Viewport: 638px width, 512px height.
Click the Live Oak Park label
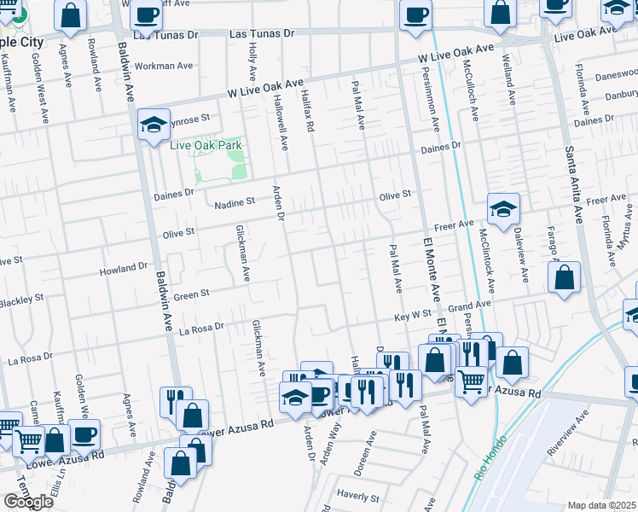206,145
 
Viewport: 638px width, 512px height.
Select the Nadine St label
235,202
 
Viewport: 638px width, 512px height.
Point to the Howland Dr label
124,267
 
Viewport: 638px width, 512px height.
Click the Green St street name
191,295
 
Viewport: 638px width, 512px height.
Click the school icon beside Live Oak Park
154,125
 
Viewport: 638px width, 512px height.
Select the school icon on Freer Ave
503,208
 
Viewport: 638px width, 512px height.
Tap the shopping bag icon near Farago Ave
565,277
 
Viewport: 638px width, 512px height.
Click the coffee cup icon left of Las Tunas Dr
147,15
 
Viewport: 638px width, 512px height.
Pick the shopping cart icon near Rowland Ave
28,440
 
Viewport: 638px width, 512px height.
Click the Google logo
28,501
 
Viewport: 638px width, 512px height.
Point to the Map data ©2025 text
602,505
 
